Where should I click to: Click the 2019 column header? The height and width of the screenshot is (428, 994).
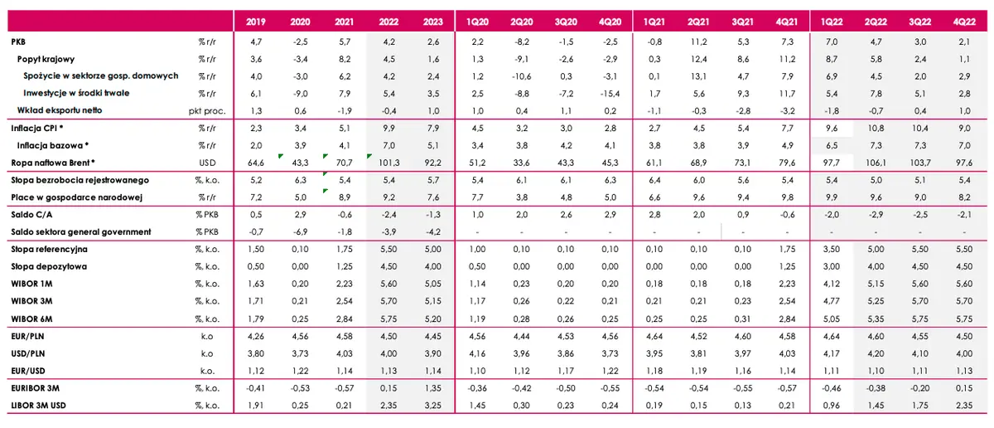tap(256, 22)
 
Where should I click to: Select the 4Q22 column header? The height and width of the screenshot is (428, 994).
tap(964, 22)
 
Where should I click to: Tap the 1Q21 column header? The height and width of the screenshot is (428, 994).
tap(654, 22)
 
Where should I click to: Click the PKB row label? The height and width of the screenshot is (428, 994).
tap(18, 41)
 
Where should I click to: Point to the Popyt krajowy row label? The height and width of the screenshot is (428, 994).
tap(46, 59)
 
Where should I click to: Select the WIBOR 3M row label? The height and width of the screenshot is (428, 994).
tap(31, 301)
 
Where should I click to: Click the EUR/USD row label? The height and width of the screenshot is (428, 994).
tap(28, 371)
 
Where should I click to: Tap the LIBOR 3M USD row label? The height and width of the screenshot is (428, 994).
tap(38, 406)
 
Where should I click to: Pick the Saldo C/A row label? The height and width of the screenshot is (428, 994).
tap(31, 215)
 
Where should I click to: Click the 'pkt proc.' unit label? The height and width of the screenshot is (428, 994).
tap(207, 110)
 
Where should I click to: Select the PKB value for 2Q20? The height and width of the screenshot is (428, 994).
tap(521, 41)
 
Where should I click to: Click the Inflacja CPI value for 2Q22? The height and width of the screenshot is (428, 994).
tap(876, 128)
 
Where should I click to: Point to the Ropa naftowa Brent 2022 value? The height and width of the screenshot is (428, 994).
tap(388, 163)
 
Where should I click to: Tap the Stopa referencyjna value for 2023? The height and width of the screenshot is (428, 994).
tap(432, 249)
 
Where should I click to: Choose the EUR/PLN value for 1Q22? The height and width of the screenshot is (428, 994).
tap(831, 336)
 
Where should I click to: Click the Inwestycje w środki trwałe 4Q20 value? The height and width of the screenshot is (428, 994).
tap(610, 94)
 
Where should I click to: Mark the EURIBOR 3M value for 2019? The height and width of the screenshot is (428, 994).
tap(256, 388)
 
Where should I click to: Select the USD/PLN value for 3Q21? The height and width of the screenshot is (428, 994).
tap(743, 353)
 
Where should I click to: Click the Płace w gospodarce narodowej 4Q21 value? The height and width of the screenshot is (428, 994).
tap(787, 197)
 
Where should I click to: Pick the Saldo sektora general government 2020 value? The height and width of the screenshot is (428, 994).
tap(300, 232)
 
